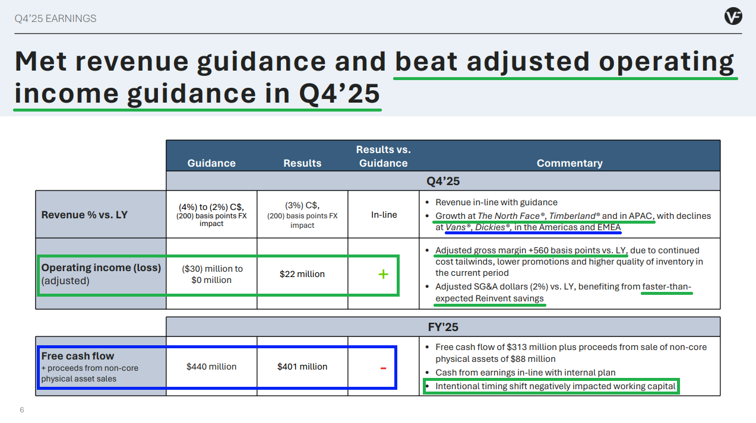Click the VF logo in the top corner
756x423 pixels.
coord(733,16)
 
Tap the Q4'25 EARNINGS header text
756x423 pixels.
coord(55,18)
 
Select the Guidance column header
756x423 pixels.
coord(211,163)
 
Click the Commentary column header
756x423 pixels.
coord(570,163)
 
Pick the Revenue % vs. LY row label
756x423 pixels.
coord(84,215)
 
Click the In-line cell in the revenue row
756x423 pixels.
coord(384,215)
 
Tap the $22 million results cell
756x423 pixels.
coord(302,274)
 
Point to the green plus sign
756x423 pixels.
coord(383,274)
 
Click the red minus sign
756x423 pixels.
coord(383,368)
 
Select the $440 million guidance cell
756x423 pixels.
coord(211,367)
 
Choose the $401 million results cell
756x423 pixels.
coord(302,367)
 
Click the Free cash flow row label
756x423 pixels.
coord(78,356)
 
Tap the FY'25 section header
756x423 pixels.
coord(443,327)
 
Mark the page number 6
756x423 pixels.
coord(22,410)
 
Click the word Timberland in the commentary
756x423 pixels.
coord(572,216)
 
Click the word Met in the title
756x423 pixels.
coord(40,61)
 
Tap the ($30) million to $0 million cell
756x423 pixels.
coord(211,274)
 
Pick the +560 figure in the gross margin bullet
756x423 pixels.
coord(538,250)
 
